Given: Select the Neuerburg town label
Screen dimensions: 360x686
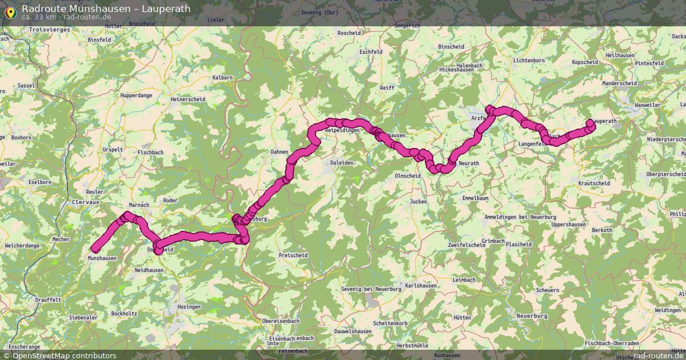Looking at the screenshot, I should click(532, 316).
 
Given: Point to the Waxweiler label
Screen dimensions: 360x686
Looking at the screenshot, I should click(647, 106).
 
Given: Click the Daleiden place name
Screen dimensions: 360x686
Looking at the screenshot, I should click(341, 163).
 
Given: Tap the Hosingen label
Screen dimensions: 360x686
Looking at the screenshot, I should click(189, 307).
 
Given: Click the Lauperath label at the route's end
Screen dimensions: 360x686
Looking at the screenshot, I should click(605, 122).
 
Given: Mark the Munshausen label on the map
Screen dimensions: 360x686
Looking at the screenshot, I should click(102, 258).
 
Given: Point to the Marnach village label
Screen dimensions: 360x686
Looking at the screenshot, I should click(139, 205).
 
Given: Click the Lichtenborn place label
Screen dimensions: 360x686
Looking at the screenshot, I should click(529, 60).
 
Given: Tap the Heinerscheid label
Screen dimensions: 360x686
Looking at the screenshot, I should click(188, 99).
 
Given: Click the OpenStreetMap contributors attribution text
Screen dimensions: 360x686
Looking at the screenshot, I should click(64, 355).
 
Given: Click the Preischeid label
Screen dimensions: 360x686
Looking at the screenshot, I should click(293, 255).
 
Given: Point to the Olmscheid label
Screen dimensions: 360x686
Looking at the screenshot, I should click(408, 175).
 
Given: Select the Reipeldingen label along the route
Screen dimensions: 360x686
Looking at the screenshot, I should click(342, 131).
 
